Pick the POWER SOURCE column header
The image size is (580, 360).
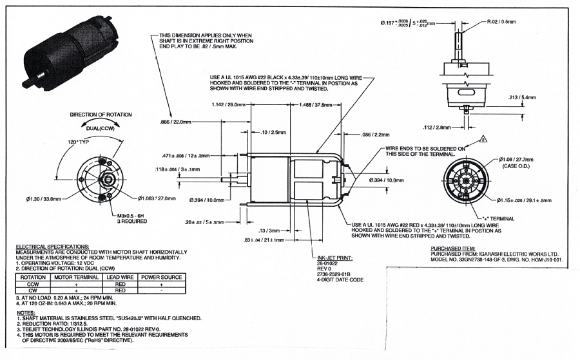162,277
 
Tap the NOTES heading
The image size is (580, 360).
26,312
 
